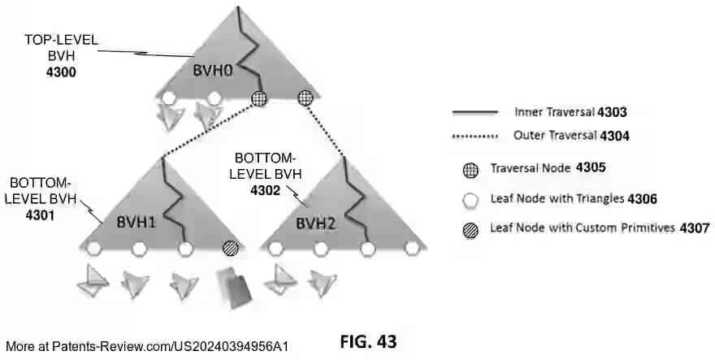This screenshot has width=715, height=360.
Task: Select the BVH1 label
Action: pyautogui.click(x=132, y=222)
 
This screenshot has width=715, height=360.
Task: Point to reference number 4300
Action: pyautogui.click(x=62, y=73)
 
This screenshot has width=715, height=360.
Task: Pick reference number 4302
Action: pyautogui.click(x=261, y=193)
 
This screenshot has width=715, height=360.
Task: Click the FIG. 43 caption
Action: pyautogui.click(x=368, y=341)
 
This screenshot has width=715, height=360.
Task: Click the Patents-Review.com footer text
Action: pyautogui.click(x=147, y=346)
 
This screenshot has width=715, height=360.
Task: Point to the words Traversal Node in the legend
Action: pyautogui.click(x=529, y=169)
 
